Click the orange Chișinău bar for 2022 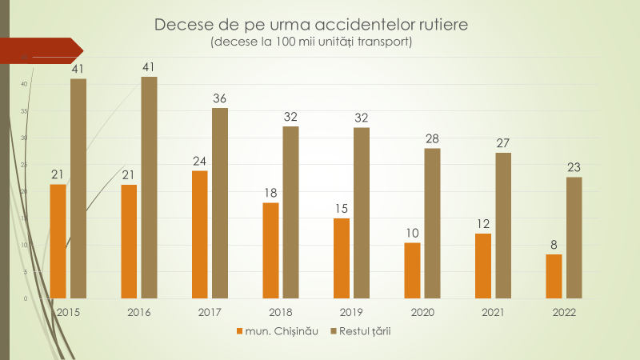554,276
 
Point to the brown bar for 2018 290,212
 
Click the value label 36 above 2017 219,98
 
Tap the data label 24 199,161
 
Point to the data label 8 554,245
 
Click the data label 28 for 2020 432,138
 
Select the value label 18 270,193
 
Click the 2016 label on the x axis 138,312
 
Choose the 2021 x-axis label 493,312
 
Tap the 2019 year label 351,312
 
